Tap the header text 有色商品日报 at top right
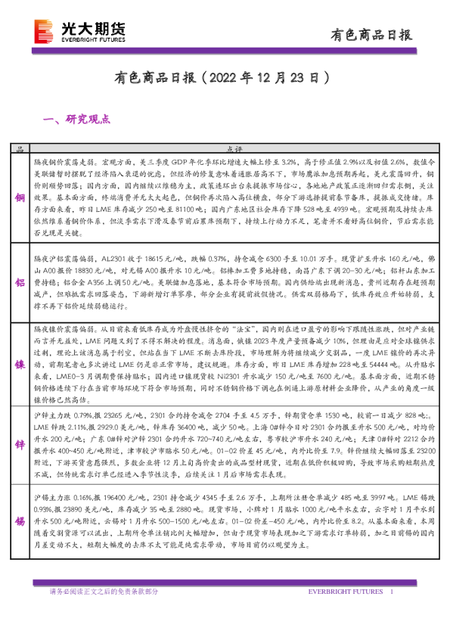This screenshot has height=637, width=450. pyautogui.click(x=373, y=34)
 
